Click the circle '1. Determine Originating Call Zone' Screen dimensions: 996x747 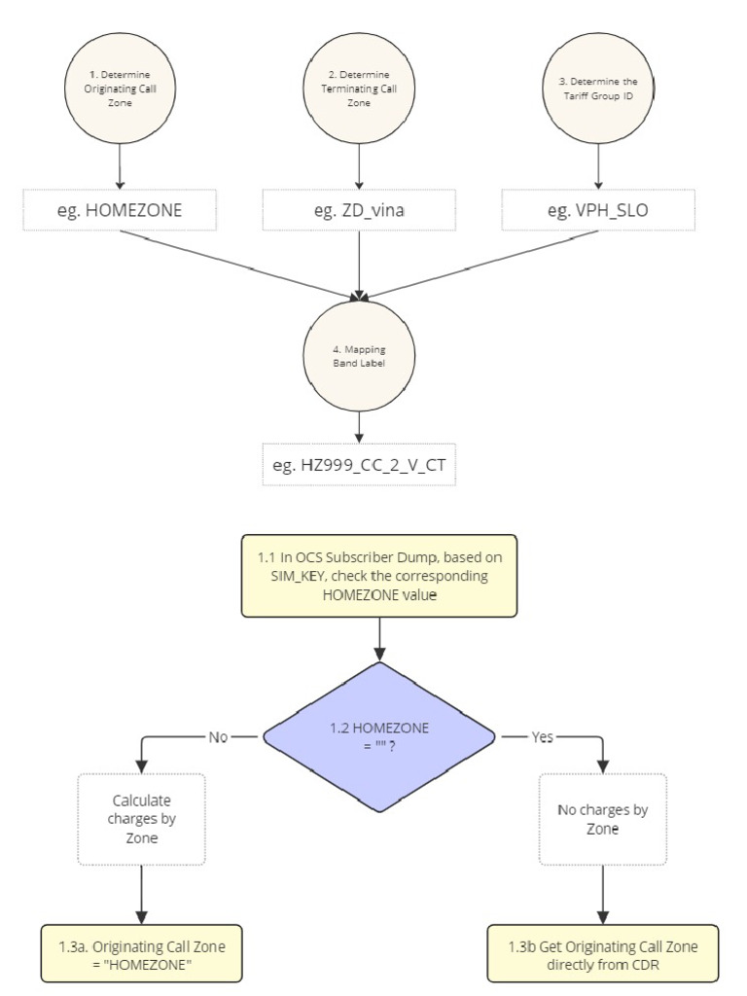(x=121, y=89)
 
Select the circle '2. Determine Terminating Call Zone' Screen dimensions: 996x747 (x=360, y=89)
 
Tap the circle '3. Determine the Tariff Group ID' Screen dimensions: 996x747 (x=597, y=89)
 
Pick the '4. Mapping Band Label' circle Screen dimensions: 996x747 (x=360, y=355)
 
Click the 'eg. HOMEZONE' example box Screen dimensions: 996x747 (x=121, y=210)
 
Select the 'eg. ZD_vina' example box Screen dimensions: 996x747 (x=360, y=210)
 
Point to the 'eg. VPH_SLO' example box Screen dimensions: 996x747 (x=597, y=210)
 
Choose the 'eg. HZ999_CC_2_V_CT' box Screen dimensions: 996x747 (x=360, y=466)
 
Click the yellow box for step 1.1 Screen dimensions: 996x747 (x=378, y=575)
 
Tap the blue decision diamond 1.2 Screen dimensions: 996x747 (x=378, y=737)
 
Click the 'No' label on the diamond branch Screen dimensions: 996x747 (x=217, y=737)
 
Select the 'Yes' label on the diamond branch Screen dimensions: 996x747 (x=541, y=737)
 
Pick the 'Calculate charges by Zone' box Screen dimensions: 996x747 (x=143, y=819)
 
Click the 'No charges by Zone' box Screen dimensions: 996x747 (x=603, y=819)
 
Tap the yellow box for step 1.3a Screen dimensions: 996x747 (x=143, y=952)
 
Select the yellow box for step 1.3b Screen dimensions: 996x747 (x=603, y=952)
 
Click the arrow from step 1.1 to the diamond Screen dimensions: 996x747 (x=378, y=638)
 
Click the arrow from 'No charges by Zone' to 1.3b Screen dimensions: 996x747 (x=603, y=893)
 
